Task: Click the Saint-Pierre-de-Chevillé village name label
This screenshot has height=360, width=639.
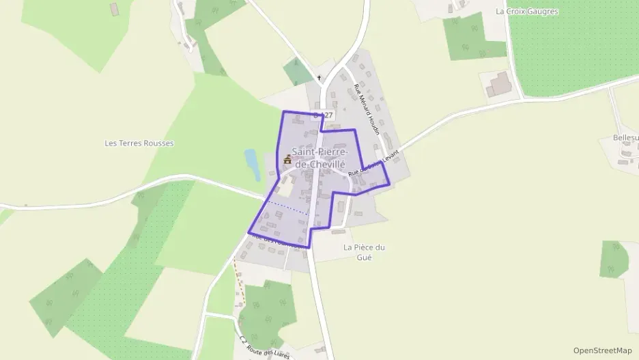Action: tap(318, 158)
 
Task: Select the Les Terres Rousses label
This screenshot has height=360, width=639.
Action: tap(139, 143)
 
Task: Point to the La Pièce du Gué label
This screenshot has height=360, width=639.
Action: tap(365, 251)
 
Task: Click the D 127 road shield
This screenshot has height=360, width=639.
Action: tap(323, 116)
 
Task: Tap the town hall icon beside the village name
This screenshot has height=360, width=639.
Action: tap(287, 160)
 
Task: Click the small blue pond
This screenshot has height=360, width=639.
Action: tap(251, 161)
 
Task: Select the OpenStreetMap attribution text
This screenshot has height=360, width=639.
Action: tap(602, 350)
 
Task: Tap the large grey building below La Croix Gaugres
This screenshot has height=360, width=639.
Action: tap(500, 83)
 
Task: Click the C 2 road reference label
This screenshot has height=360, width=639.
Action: tap(243, 340)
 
